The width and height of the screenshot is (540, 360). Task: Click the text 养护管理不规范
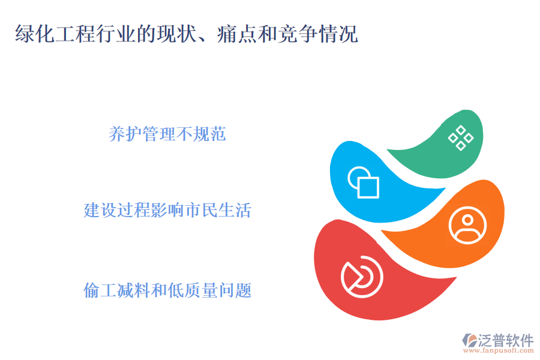(x=167, y=134)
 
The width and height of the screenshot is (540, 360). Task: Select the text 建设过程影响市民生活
(x=167, y=211)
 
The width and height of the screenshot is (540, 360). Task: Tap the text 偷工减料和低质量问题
(x=167, y=291)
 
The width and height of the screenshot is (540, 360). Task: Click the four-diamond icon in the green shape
(x=460, y=138)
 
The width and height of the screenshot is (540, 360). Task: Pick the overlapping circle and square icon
(x=364, y=181)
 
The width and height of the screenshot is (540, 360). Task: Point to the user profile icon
(x=467, y=225)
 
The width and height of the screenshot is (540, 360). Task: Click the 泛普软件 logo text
(x=505, y=340)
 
